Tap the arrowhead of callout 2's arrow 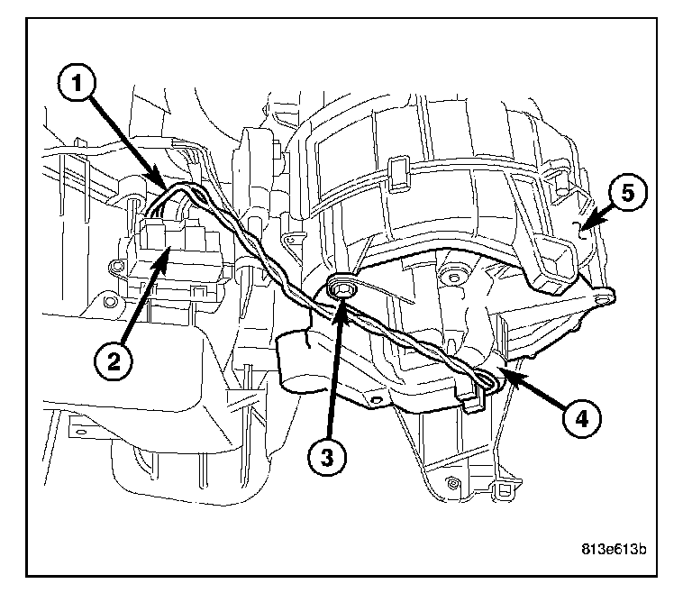point(168,255)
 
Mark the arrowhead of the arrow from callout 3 point(341,303)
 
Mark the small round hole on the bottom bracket point(448,484)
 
